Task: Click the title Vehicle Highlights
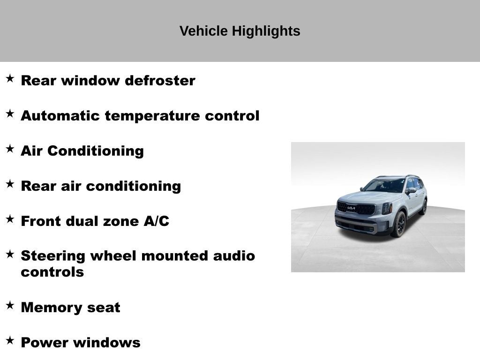(240, 31)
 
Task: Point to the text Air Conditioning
(82, 151)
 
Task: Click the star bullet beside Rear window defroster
(10, 78)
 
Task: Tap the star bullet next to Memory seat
(10, 305)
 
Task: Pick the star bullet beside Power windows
(10, 340)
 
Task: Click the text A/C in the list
(156, 221)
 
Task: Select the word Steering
(53, 256)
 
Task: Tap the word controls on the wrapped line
(52, 272)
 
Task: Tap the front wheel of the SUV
(399, 225)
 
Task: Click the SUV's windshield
(384, 186)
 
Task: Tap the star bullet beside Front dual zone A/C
(10, 219)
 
